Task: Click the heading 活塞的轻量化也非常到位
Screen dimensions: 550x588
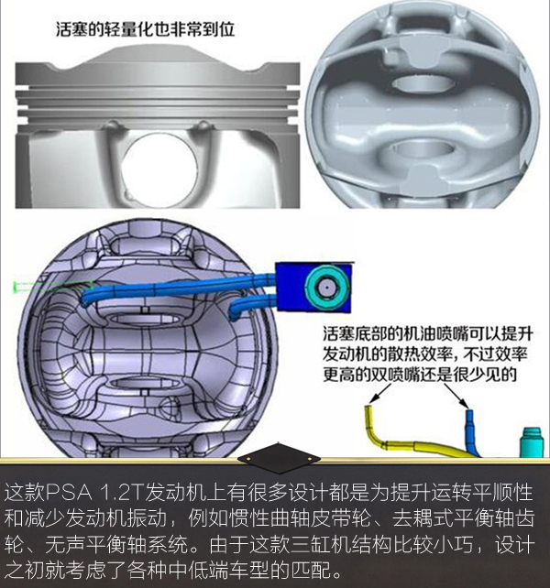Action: (x=145, y=29)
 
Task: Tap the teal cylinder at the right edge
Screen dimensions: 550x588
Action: (x=531, y=442)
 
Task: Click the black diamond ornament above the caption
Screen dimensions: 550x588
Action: (x=279, y=458)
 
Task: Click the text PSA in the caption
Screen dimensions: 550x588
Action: (x=69, y=493)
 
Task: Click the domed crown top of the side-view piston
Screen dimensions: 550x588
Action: (x=158, y=56)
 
